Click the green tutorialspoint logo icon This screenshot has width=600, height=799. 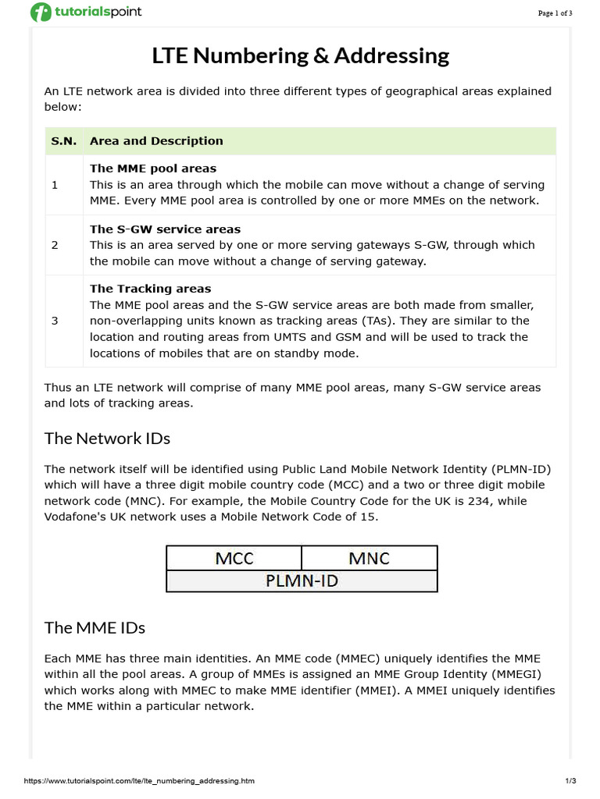(x=41, y=12)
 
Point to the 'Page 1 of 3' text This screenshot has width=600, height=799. (x=555, y=13)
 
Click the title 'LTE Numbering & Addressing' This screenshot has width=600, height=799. (x=300, y=56)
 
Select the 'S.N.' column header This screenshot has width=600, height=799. (x=64, y=141)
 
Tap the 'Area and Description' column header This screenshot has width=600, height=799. (x=156, y=141)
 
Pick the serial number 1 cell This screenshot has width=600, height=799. (x=55, y=185)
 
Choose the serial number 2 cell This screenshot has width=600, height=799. (x=55, y=245)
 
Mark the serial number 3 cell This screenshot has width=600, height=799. (x=55, y=321)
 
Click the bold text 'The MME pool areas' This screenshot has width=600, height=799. (x=153, y=169)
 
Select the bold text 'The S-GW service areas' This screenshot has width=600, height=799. (x=165, y=229)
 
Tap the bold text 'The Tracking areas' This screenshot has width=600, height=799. (x=151, y=289)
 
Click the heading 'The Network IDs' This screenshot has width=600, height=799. (x=107, y=439)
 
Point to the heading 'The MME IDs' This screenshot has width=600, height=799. (x=95, y=628)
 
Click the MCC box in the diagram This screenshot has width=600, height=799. (x=234, y=558)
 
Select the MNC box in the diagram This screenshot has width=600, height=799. (x=369, y=558)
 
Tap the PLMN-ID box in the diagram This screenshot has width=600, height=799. (x=302, y=581)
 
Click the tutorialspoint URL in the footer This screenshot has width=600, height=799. (x=139, y=781)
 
